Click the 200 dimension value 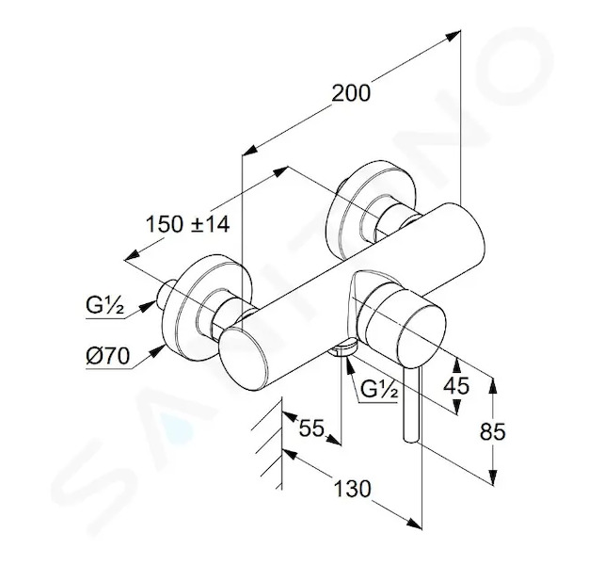coord(351,93)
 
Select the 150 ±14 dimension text coord(187,224)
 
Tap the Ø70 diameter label coord(108,356)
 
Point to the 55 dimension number coord(311,428)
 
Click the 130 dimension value coord(352,489)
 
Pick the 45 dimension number coord(456,385)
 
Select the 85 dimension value coord(492,431)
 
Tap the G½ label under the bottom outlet coord(378,390)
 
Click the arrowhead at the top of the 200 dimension coord(453,36)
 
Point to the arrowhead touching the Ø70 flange coord(158,350)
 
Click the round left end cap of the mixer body coord(243,357)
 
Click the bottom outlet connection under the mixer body coord(342,347)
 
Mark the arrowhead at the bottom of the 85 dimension coord(493,477)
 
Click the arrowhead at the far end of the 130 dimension coord(415,524)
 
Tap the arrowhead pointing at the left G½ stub coord(148,306)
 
